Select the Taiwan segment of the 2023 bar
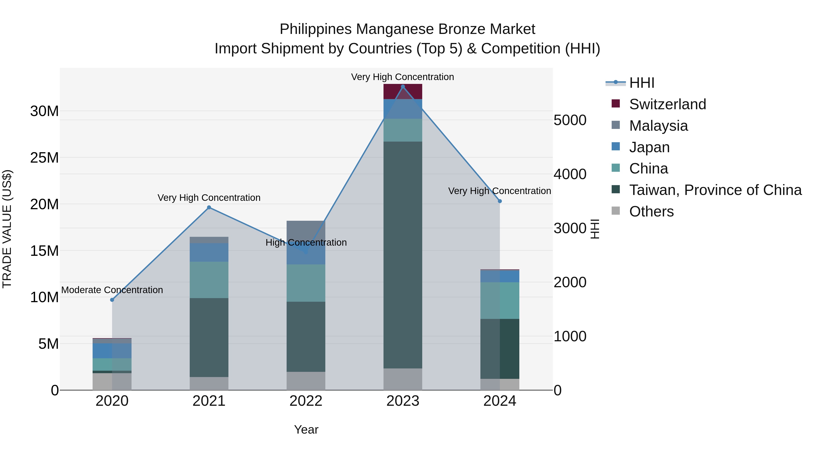tap(403, 254)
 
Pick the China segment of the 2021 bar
tap(209, 280)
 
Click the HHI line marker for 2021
tap(209, 207)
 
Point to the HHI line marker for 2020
tap(112, 300)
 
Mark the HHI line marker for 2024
tap(500, 201)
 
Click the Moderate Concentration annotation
tap(112, 290)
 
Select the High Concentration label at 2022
tap(306, 242)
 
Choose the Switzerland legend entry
tap(668, 104)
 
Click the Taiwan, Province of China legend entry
tap(715, 190)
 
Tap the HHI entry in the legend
tap(642, 83)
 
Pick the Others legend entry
tap(651, 211)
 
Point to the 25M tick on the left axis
tap(44, 158)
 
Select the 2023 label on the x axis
tap(403, 401)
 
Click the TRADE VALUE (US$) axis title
tap(7, 229)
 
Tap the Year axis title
tap(306, 430)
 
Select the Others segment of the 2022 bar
tap(306, 381)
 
